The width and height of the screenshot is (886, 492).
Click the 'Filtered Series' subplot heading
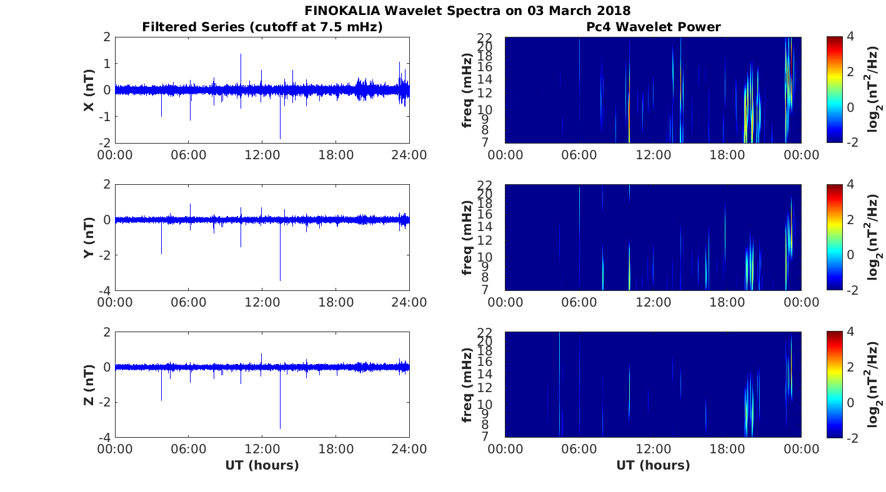pos(262,27)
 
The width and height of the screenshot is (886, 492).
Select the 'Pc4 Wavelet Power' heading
pos(653,27)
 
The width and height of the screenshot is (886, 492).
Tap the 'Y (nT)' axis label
pos(89,238)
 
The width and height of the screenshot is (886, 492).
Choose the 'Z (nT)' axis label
pos(89,385)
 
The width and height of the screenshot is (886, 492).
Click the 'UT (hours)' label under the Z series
pos(262,465)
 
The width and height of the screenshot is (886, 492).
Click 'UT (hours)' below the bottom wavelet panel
pos(653,465)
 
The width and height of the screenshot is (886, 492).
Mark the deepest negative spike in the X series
pos(280,137)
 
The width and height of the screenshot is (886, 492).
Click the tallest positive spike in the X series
pos(241,55)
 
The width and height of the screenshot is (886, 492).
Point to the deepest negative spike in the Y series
pos(280,279)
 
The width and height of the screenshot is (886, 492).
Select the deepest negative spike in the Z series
pos(280,427)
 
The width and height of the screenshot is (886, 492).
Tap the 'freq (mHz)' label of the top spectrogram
pos(467,91)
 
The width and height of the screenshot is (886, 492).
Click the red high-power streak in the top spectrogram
pos(790,69)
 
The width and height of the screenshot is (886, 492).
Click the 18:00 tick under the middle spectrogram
pos(727,302)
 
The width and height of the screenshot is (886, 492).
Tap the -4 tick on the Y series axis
pos(104,291)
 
